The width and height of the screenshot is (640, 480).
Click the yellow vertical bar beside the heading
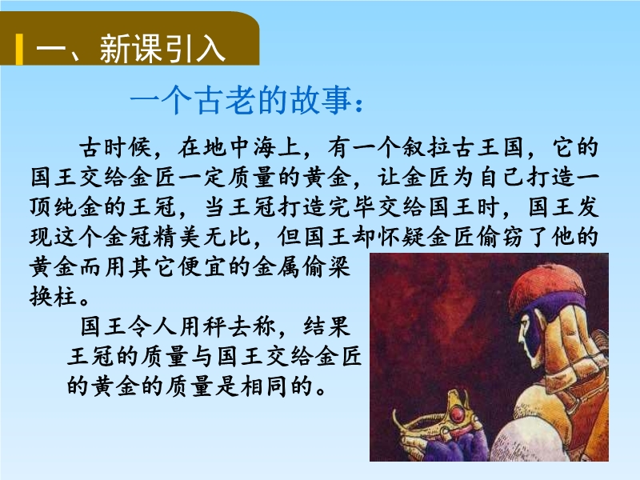(x=19, y=50)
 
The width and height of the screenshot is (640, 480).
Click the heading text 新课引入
(x=163, y=49)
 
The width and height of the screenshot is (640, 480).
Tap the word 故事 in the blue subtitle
(x=321, y=101)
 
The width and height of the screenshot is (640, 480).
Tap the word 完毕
(x=353, y=207)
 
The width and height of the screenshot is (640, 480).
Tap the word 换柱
(x=53, y=297)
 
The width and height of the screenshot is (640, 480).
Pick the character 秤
(x=214, y=327)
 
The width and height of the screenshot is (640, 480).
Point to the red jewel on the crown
(x=458, y=414)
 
